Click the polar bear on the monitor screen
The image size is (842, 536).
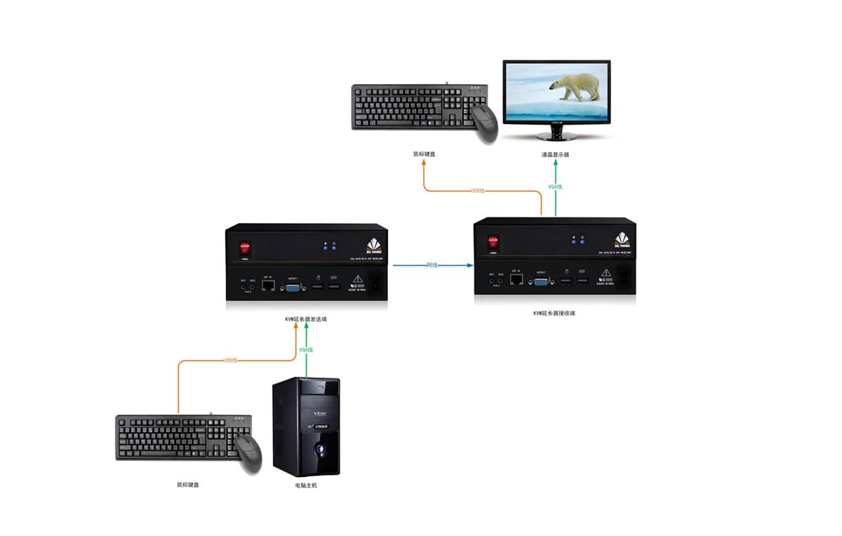coord(575,86)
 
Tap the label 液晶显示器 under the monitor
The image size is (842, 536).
coord(556,154)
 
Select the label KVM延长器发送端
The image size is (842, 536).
coord(306,319)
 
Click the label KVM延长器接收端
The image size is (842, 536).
coord(554,313)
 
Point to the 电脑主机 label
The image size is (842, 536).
coord(306,485)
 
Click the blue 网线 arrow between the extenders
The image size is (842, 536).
coord(432,266)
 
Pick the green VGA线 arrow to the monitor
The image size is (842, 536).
coord(555,187)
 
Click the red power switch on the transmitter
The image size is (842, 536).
coord(245,248)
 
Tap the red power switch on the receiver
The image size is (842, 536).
coord(494,242)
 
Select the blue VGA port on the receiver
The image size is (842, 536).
coord(541,281)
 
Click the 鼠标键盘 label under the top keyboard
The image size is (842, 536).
coord(425,154)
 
